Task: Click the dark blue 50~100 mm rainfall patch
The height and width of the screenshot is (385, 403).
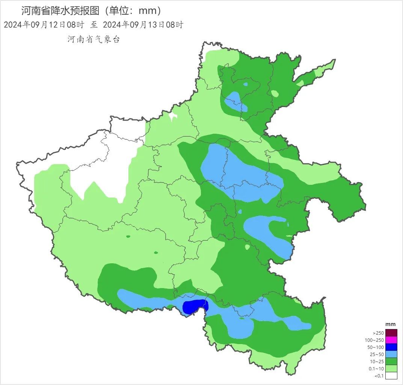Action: tap(194, 306)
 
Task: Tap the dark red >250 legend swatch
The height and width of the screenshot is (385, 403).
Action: tap(391, 333)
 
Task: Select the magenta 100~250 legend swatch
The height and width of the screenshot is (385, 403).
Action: tap(391, 340)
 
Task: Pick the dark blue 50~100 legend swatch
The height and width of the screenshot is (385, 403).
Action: tap(391, 347)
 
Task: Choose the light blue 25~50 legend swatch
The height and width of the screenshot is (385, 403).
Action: tap(391, 354)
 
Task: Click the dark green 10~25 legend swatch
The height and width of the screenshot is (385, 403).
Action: tap(391, 361)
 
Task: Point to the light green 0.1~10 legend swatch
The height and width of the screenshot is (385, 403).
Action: tap(391, 368)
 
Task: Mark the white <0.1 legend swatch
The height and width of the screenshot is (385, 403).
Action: tap(391, 376)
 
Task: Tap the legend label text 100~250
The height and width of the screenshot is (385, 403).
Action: tap(374, 340)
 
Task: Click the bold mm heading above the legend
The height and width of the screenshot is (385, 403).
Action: tap(391, 324)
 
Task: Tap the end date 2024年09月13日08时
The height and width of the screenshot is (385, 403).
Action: tap(143, 25)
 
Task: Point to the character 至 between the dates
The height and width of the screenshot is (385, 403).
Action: tap(94, 25)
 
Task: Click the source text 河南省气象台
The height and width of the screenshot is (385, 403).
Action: tap(94, 39)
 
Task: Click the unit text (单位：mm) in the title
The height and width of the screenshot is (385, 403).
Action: tap(133, 11)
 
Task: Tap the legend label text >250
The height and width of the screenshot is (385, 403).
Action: tap(378, 333)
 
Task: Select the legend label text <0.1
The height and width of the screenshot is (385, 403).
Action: tap(379, 376)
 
